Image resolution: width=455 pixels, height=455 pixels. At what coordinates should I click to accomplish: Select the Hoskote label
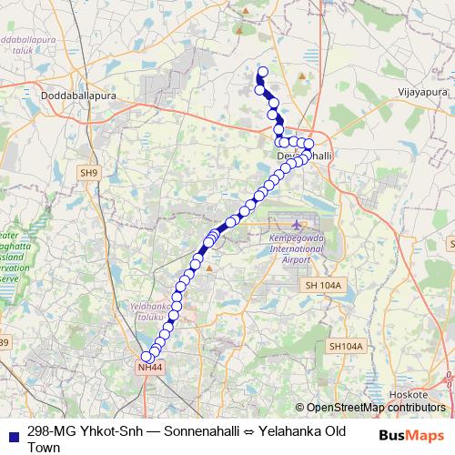pos(409,394)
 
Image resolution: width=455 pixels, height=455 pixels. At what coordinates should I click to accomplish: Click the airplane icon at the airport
pos(298,223)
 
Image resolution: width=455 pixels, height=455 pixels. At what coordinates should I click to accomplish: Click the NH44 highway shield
pos(149,367)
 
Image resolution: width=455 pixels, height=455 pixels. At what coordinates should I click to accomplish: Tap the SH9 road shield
pos(88,172)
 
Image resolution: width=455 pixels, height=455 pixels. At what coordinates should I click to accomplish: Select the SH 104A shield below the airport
pos(323,286)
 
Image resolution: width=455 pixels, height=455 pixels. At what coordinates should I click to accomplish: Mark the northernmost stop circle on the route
pos(264,72)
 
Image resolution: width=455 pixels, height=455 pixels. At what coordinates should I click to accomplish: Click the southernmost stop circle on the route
pos(147,357)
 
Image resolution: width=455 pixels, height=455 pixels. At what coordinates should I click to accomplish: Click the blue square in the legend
pos(12,432)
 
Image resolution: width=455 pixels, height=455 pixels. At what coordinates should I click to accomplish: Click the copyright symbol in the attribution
pos(299,408)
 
